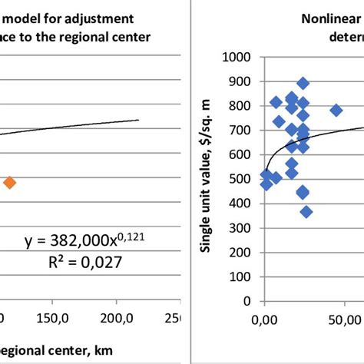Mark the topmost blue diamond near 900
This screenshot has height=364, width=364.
pyautogui.click(x=303, y=83)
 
